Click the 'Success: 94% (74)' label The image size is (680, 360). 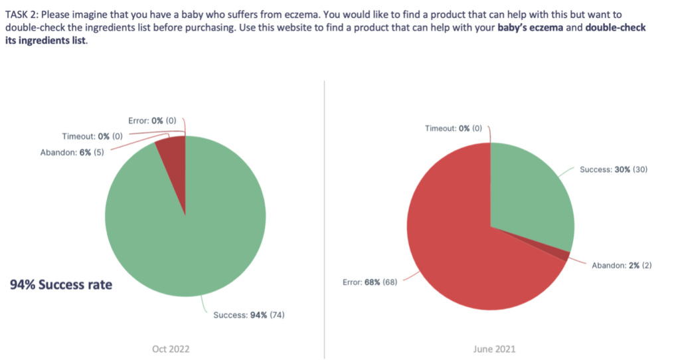point(249,315)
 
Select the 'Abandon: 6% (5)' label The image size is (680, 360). point(72,152)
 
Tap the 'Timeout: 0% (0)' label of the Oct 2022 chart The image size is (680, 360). point(92,136)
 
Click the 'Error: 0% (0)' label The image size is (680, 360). point(152,121)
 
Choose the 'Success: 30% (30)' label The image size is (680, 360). point(614,169)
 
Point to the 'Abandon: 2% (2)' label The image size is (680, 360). point(622,265)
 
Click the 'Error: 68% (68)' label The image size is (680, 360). point(370,282)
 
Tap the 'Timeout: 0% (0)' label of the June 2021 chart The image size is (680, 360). point(453,128)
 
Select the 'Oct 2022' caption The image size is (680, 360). point(171,349)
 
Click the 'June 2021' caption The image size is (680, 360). point(494,349)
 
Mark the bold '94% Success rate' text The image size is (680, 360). point(61,284)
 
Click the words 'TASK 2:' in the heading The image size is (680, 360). point(22,15)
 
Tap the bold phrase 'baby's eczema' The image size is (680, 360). point(531,28)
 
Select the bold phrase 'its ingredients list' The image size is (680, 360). point(46,41)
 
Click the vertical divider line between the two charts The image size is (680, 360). point(324,219)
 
